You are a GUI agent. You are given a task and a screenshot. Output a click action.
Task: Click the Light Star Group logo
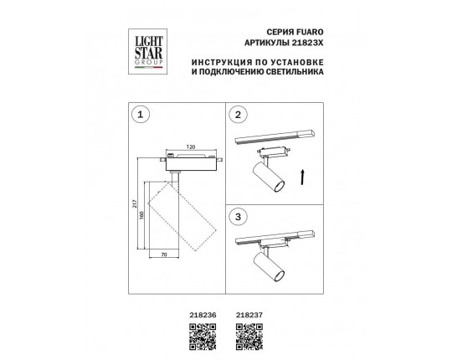(x=147, y=52)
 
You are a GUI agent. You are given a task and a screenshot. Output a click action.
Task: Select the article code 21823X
(x=307, y=43)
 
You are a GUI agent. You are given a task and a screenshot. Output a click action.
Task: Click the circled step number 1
(x=141, y=115)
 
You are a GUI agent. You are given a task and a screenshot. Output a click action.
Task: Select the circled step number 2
(x=238, y=115)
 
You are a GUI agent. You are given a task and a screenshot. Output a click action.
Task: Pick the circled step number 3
(x=238, y=217)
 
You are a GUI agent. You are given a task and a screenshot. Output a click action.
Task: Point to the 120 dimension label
(x=191, y=147)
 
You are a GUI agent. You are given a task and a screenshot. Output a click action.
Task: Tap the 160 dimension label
(x=141, y=215)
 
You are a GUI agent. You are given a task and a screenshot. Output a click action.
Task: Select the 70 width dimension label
(x=164, y=255)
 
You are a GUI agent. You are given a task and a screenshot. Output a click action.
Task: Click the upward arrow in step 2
(x=302, y=177)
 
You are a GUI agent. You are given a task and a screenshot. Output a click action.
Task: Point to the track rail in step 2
(x=276, y=137)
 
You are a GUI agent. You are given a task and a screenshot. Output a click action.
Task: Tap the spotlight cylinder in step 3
(x=269, y=267)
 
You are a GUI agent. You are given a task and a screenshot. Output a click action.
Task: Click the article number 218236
(x=203, y=316)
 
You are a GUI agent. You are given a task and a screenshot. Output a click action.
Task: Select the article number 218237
(x=249, y=316)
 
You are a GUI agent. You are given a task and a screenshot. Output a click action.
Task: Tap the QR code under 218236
(x=203, y=337)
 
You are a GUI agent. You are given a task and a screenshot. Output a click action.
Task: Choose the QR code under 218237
(x=249, y=337)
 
